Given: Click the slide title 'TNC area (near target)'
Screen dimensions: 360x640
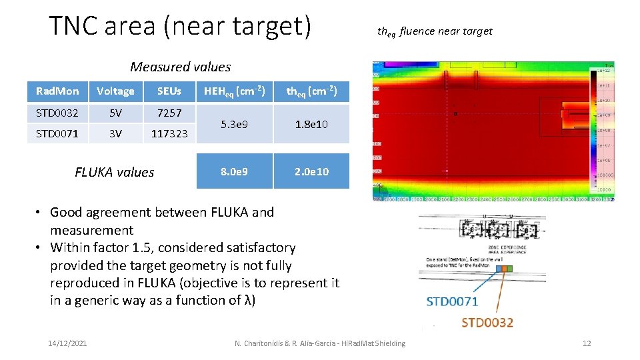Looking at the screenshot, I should (180, 26).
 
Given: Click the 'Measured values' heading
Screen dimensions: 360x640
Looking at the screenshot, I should (180, 67).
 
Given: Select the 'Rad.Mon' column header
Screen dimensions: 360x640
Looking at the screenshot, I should (57, 91).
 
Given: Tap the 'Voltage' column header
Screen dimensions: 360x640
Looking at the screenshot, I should (115, 91).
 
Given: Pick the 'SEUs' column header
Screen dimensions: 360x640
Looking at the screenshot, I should (169, 91).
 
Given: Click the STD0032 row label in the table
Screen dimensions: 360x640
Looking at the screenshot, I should (57, 113).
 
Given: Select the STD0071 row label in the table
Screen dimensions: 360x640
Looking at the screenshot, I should (57, 133).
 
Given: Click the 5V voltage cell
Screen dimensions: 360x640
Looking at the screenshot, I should (115, 113).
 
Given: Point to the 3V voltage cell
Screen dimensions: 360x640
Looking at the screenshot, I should (115, 133).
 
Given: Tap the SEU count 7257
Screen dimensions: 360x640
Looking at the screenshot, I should (169, 113).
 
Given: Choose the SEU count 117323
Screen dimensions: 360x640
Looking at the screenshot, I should (169, 133).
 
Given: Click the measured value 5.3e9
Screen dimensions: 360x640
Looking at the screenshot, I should (235, 124).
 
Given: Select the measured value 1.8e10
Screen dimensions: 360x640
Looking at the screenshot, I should (311, 124).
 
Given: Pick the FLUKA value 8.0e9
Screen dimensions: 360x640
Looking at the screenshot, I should (235, 171).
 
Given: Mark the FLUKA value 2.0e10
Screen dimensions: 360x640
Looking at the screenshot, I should (311, 171).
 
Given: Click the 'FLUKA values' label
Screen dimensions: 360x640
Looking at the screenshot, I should (115, 172).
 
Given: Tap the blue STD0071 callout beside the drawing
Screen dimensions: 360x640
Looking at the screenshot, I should (452, 301).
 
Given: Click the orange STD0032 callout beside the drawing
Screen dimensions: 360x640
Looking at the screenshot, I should (487, 323).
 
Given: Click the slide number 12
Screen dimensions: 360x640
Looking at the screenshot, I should (587, 343).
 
